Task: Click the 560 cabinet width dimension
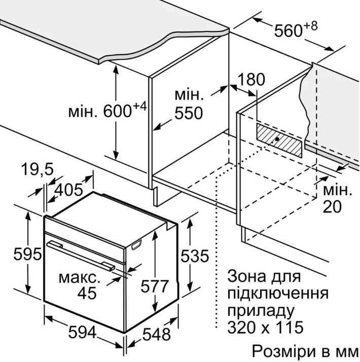coord(296,29)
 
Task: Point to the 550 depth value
coord(189,113)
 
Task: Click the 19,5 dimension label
coord(37,170)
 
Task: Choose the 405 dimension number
coord(69,190)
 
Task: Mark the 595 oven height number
coord(27,254)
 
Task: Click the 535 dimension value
coord(194,256)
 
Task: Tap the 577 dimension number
coord(155,286)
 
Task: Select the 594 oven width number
coord(82,333)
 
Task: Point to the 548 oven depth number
coord(157,334)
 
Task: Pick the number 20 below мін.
coord(332,206)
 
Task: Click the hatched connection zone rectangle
coord(279,140)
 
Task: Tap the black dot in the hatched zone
coord(277,139)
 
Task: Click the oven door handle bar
coord(81,255)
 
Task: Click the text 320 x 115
coord(265,327)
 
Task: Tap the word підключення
coord(278,294)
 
